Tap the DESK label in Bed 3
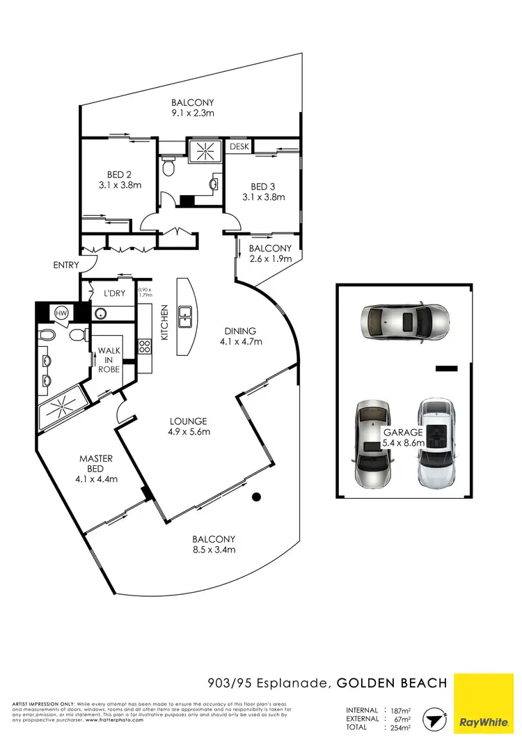pyautogui.click(x=239, y=146)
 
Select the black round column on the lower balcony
pyautogui.click(x=257, y=497)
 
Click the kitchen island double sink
pyautogui.click(x=185, y=317)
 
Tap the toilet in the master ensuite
pyautogui.click(x=46, y=336)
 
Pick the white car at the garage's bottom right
pyautogui.click(x=436, y=442)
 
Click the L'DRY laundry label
pyautogui.click(x=114, y=293)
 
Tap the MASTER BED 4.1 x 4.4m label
pyautogui.click(x=96, y=469)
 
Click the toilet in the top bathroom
pyautogui.click(x=168, y=166)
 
